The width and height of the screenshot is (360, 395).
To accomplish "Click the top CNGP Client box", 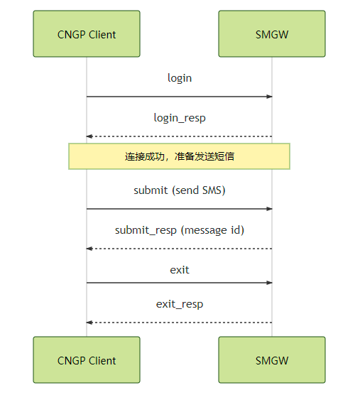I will coord(87,34).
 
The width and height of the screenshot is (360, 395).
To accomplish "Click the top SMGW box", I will coord(272,34).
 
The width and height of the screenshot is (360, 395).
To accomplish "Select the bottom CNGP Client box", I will coord(87,360).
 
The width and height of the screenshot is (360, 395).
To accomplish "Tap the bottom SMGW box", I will coord(272,360).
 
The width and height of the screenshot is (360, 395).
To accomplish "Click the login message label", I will coord(180,77).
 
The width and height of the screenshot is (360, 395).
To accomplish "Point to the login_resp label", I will coord(180,118).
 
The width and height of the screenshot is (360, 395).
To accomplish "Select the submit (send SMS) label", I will coord(180,190).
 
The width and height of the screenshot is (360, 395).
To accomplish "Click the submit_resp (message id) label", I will coord(180,230).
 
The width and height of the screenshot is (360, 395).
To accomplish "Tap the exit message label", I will coord(180,270).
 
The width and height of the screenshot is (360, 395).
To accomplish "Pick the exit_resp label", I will coord(180,304).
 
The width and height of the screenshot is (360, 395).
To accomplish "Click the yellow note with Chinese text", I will coord(180,156).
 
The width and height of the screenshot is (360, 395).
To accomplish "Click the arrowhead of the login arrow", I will coord(270,97).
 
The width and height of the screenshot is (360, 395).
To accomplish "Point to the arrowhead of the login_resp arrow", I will coord(89,136).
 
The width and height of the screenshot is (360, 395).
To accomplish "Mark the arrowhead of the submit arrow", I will coord(270,209).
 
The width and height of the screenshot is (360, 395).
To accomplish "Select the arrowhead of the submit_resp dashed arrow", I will coord(89,249).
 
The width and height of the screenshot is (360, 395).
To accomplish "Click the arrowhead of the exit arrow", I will coord(270,283).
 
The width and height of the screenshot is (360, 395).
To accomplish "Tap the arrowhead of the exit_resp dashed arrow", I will coord(89,323).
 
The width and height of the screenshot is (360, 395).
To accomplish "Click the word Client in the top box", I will coord(101,34).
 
